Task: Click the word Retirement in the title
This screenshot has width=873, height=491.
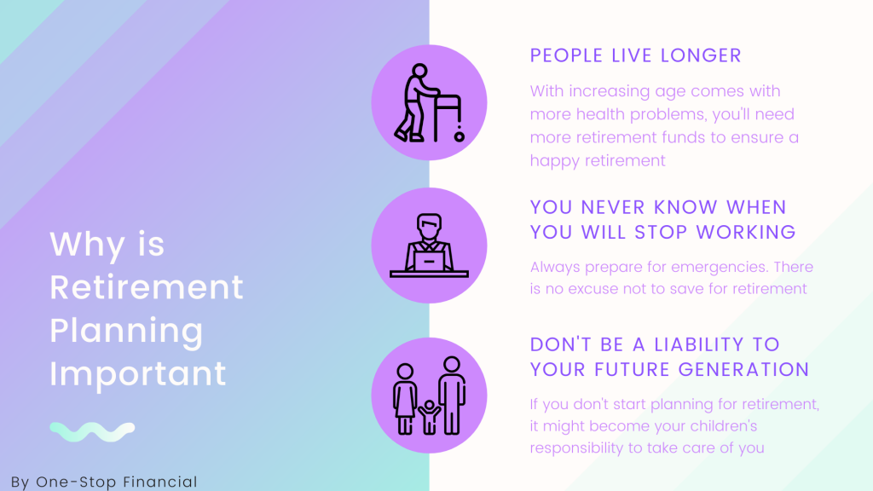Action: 147,287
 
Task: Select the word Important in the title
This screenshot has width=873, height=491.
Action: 138,374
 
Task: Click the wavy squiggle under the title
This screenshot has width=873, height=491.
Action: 92,432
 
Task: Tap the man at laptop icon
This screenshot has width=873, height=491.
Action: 429,245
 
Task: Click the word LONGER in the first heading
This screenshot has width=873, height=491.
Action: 699,56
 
